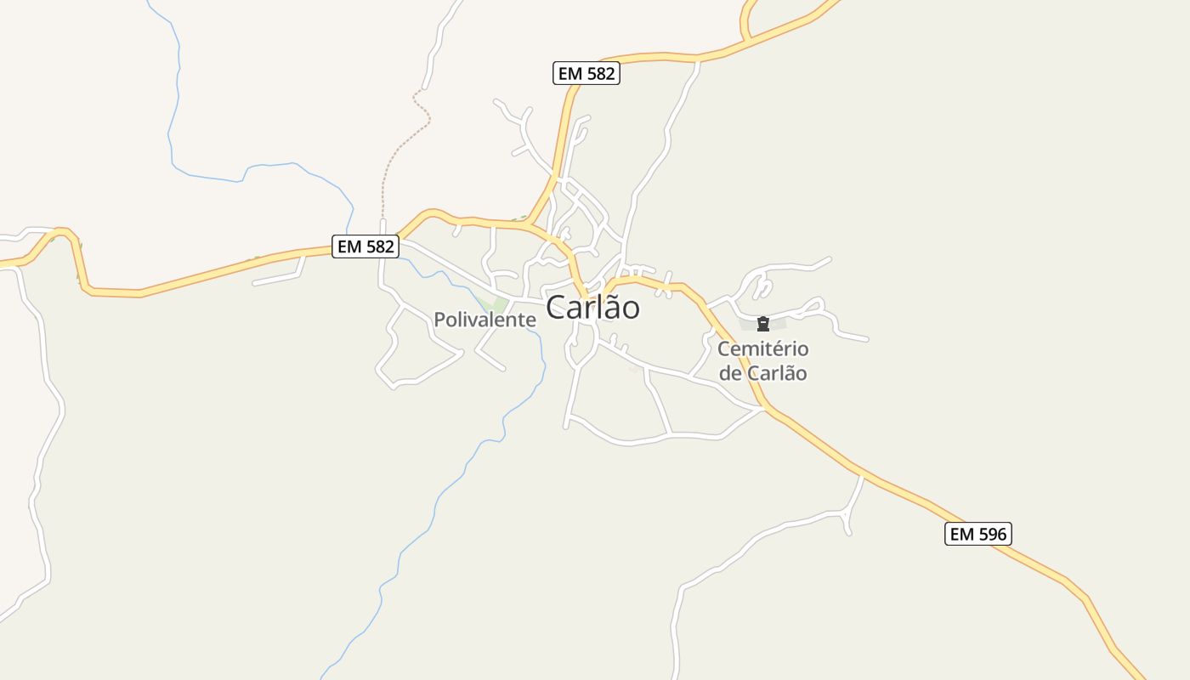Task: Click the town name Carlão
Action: pos(592,308)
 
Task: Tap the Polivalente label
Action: pos(484,320)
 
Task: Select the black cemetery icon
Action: pos(763,323)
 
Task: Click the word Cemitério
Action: pos(762,348)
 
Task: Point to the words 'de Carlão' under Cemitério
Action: pos(762,373)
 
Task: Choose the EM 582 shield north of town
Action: pos(586,73)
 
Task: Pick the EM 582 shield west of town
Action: pos(365,246)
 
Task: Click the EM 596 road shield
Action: pos(977,534)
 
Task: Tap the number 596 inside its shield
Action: pos(990,534)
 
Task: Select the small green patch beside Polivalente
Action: pos(493,304)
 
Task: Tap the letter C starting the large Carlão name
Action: pos(557,308)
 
